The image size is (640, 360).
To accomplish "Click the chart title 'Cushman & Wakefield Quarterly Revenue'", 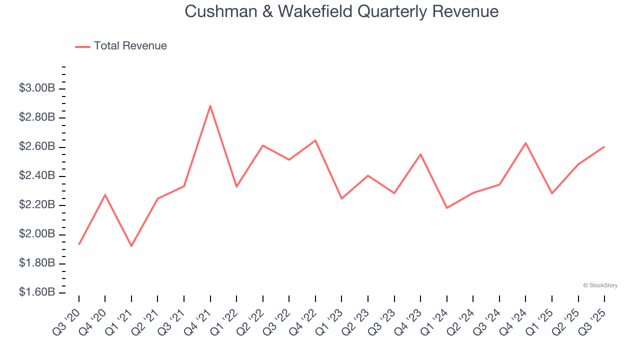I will [x=341, y=11].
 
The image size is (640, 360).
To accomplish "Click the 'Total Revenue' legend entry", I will [x=130, y=46].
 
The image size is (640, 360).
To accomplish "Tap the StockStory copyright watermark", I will [x=600, y=285].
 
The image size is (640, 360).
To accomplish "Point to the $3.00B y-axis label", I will [x=37, y=88].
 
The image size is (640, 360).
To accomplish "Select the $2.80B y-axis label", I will [x=37, y=117].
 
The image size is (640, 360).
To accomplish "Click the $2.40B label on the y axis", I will [x=37, y=176].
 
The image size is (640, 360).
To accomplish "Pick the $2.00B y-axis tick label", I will [x=37, y=234].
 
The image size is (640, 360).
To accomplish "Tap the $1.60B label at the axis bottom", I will [x=37, y=292].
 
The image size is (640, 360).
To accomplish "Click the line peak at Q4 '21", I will [x=210, y=105].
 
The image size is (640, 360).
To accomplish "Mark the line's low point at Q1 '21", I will [x=131, y=246].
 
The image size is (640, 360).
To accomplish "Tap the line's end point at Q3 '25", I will [x=604, y=146].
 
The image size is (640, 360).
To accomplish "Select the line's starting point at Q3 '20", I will [x=79, y=244].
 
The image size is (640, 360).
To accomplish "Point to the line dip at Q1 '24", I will [x=446, y=208].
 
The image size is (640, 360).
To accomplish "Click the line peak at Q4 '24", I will [x=525, y=143].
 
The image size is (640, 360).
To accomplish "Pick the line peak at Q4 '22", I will [x=315, y=140].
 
